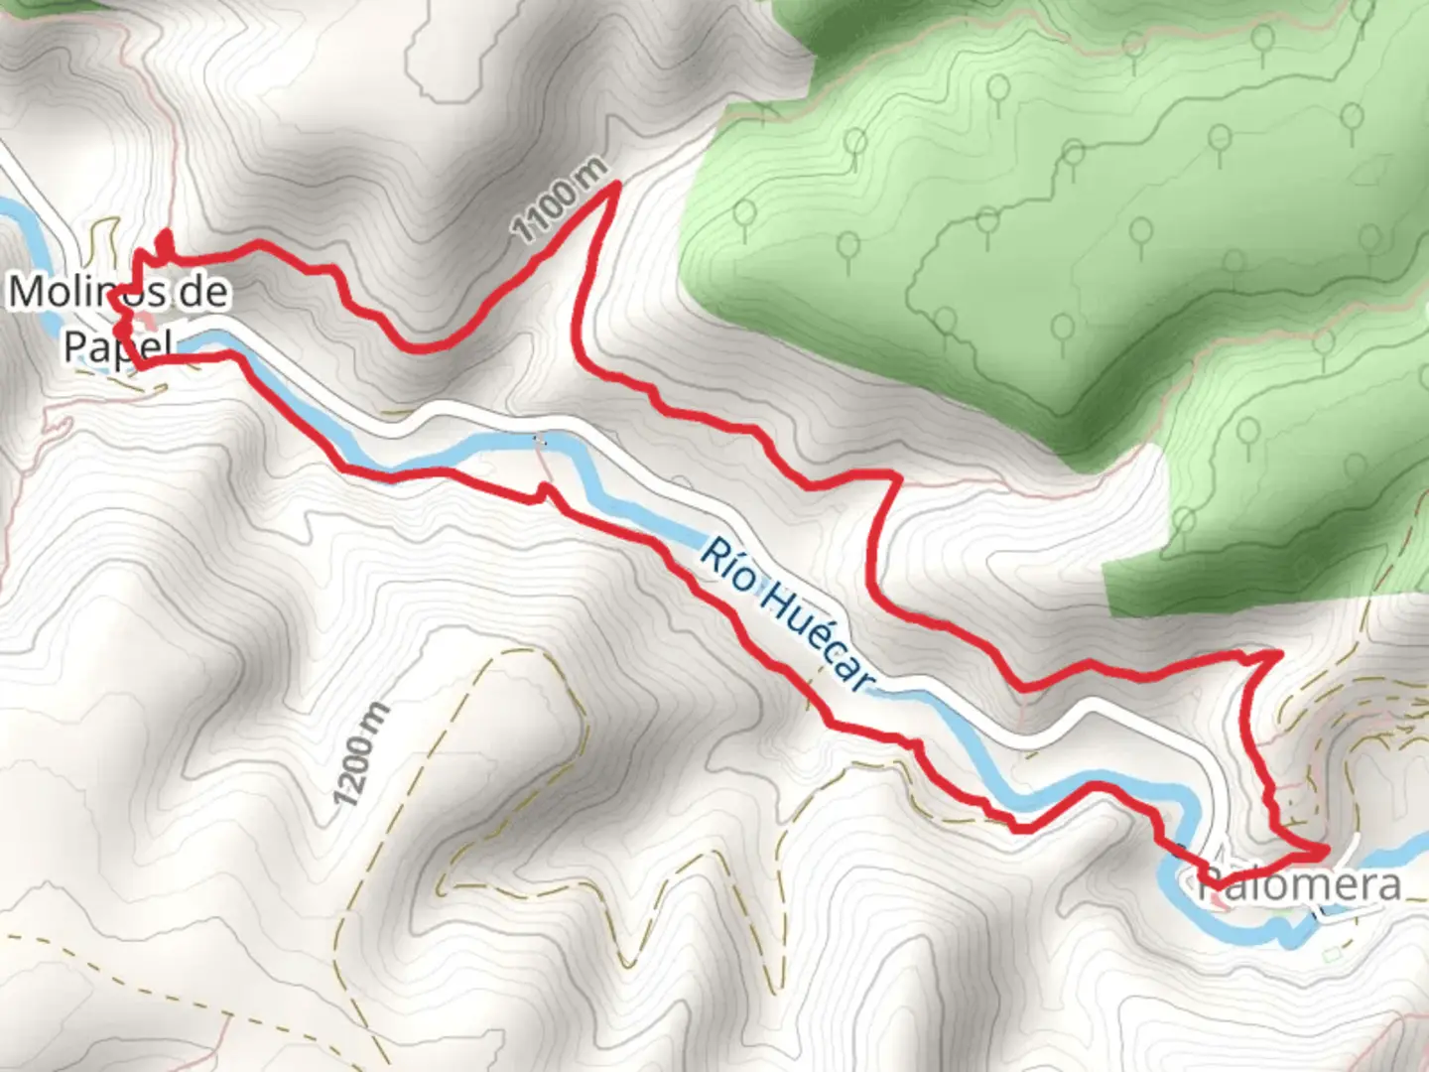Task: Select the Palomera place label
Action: [1300, 884]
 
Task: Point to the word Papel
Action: [117, 345]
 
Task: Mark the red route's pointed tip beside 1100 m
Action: [616, 185]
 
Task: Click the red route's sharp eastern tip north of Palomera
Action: [1279, 654]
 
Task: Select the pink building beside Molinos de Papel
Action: [146, 322]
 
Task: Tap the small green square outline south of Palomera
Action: [1332, 955]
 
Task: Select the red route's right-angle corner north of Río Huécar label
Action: [897, 477]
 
